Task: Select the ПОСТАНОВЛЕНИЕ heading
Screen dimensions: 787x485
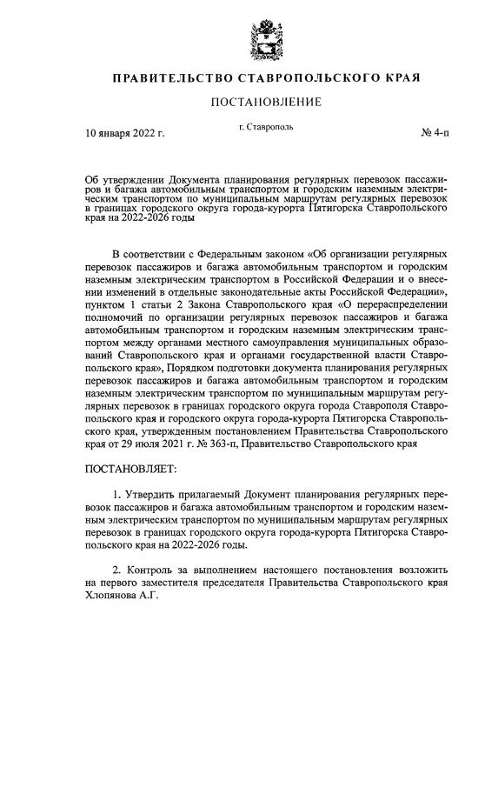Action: point(266,103)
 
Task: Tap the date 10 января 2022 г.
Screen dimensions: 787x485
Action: point(125,133)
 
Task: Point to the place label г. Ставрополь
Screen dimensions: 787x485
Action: point(266,127)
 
